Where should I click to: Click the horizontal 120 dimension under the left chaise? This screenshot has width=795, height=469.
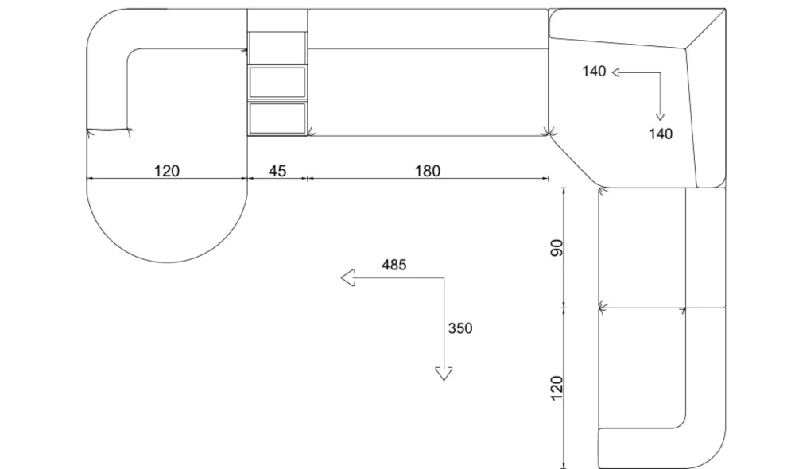(167, 171)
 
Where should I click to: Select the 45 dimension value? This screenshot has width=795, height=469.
(277, 171)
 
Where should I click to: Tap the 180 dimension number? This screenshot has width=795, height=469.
(428, 171)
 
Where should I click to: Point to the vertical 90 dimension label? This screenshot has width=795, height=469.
(556, 248)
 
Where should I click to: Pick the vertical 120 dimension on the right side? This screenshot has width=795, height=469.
(556, 388)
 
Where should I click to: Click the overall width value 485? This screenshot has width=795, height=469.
(394, 265)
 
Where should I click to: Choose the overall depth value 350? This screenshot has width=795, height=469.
(460, 328)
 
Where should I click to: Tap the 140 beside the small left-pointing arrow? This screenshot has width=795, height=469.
(594, 72)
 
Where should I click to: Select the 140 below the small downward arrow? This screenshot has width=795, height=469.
(661, 134)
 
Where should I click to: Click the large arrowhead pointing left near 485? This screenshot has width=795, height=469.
(348, 278)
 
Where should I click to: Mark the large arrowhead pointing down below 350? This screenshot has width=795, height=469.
(444, 374)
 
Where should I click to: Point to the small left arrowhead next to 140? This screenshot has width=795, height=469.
(616, 72)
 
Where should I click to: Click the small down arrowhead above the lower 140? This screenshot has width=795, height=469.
(660, 117)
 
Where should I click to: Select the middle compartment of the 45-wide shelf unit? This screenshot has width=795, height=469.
(277, 82)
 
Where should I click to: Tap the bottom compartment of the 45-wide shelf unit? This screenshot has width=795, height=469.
(277, 118)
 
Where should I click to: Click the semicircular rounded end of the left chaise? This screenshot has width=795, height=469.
(167, 262)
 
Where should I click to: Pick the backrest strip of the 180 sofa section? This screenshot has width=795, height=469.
(428, 29)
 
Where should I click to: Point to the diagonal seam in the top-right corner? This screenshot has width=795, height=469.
(705, 29)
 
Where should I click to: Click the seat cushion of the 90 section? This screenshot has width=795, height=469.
(642, 248)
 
